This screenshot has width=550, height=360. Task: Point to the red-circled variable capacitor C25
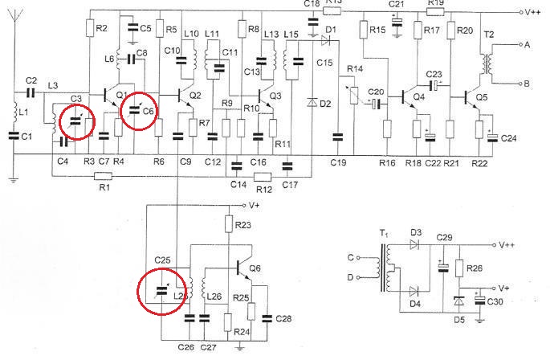[x=161, y=292]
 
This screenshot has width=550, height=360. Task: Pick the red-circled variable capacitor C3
[x=75, y=121]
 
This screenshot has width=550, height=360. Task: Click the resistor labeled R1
[x=104, y=174]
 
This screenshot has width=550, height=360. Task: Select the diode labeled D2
[x=312, y=103]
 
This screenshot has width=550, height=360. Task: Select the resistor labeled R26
[x=459, y=269]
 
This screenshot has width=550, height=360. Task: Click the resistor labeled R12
[x=264, y=174]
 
